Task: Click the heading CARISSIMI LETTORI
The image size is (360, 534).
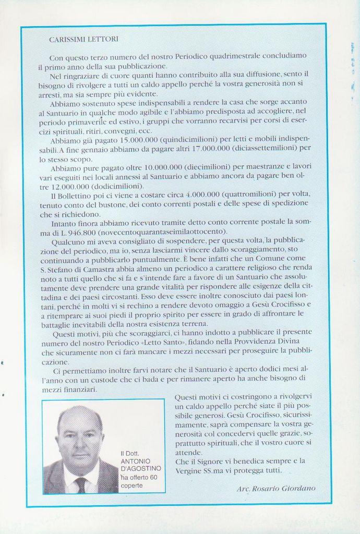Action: pos(83,39)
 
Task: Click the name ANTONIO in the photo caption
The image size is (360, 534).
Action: pos(135,461)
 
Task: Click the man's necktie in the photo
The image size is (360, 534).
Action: pos(80,485)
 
